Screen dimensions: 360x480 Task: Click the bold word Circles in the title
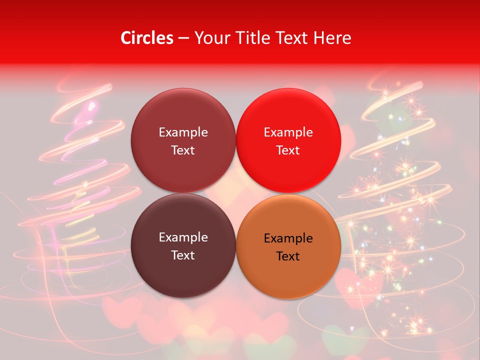147,38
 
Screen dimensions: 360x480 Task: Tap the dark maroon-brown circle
183,246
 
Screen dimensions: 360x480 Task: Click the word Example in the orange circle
288,238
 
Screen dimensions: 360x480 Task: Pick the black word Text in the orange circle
288,256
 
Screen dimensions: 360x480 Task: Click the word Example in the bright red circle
288,132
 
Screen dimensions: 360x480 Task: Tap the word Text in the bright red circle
288,150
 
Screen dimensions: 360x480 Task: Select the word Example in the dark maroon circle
183,237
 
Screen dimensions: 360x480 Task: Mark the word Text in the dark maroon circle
183,255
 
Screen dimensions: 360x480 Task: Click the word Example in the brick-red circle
183,132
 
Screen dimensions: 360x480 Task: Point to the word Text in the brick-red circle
183,150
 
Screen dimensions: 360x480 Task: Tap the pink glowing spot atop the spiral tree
91,105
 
